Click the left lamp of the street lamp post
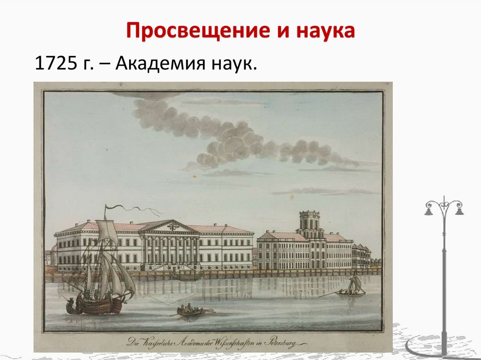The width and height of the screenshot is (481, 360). (428, 211)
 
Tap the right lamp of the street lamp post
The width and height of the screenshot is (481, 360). (459, 211)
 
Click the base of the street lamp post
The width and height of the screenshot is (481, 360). (443, 350)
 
